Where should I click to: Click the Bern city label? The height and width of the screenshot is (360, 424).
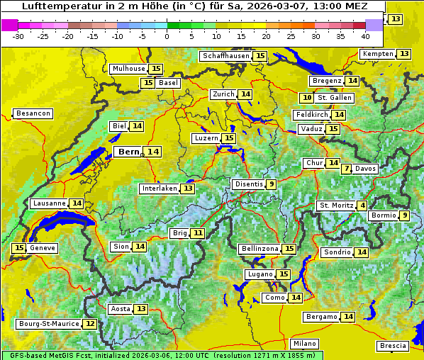click(129, 152)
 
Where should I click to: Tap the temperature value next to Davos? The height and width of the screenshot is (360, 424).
click(346, 169)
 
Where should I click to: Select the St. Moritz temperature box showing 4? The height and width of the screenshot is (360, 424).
click(363, 206)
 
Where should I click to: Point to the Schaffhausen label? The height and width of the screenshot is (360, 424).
click(225, 56)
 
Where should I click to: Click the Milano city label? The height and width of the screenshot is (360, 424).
click(306, 343)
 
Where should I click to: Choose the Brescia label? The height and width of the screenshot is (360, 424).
click(393, 346)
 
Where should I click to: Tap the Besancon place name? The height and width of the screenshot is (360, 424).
click(33, 113)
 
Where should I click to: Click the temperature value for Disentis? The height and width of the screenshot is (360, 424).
click(271, 184)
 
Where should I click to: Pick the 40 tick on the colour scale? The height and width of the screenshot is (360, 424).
click(365, 36)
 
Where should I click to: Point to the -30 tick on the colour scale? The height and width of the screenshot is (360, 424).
click(18, 36)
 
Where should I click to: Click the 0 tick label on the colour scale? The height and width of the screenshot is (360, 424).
click(167, 36)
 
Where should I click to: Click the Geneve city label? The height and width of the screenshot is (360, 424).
click(43, 248)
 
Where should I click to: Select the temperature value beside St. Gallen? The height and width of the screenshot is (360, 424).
click(307, 98)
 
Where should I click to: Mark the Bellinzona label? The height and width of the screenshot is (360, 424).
click(260, 249)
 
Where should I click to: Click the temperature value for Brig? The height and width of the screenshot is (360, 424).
click(198, 233)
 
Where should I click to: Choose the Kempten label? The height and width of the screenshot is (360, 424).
click(377, 54)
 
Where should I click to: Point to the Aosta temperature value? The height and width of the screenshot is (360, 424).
click(142, 309)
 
